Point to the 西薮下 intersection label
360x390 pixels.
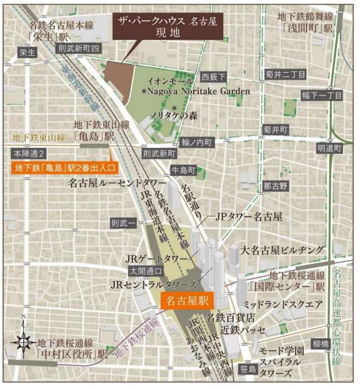213,77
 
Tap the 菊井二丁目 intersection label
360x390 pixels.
285,75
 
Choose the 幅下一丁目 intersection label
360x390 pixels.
322,95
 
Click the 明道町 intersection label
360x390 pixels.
329,148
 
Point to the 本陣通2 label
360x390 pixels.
25,153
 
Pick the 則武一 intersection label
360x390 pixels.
123,222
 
